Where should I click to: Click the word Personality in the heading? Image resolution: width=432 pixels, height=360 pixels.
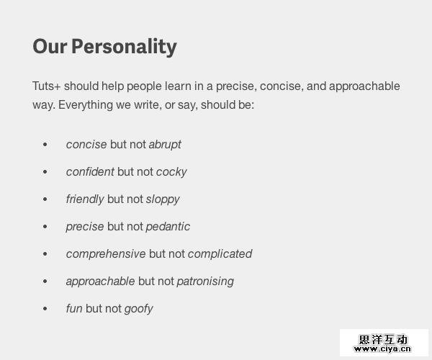124,47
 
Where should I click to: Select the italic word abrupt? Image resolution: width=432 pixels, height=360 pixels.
165,145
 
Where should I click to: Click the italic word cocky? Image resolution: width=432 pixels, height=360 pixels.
171,172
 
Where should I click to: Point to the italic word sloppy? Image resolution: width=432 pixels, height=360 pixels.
163,199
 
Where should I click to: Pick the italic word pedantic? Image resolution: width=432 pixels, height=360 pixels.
168,227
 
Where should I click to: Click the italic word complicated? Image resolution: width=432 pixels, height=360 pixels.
220,254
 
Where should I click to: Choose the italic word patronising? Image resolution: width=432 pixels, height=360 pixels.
205,282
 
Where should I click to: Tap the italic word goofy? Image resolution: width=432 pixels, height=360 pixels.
138,309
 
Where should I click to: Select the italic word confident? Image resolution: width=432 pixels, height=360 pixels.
90,172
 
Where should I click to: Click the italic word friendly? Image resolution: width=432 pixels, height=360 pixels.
85,199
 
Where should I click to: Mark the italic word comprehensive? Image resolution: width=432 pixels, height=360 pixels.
106,254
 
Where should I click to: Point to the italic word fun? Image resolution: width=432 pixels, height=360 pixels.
74,308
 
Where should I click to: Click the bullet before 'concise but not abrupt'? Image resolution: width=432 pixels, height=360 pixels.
45,145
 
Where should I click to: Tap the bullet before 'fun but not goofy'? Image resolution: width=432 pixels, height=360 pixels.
45,309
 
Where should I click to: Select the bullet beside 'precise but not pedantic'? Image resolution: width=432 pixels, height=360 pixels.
45,227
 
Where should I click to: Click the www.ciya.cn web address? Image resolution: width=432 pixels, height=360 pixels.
382,349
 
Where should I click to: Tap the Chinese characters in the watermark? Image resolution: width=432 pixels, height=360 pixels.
383,340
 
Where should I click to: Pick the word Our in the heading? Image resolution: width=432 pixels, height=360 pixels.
50,46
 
